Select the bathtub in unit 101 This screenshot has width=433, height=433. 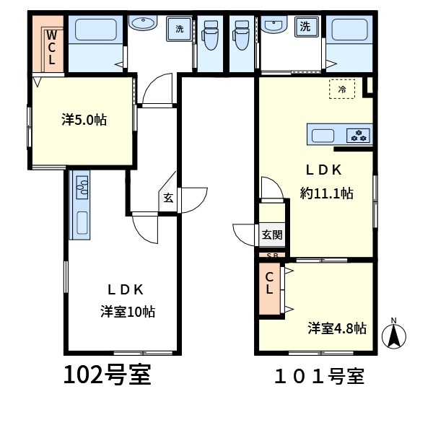(349, 34)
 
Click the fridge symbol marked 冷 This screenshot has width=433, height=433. (342, 89)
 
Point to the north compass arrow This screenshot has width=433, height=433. (394, 336)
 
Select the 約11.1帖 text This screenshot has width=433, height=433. (326, 193)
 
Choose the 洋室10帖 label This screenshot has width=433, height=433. (128, 312)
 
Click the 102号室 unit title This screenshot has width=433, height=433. (108, 375)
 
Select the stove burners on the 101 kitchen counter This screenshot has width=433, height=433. (358, 134)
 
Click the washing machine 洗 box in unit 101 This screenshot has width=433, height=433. (306, 27)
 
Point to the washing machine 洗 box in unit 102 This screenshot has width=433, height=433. (178, 30)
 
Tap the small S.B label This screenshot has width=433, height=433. (272, 255)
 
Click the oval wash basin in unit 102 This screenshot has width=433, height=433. (142, 23)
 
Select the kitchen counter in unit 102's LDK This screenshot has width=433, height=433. (79, 206)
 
